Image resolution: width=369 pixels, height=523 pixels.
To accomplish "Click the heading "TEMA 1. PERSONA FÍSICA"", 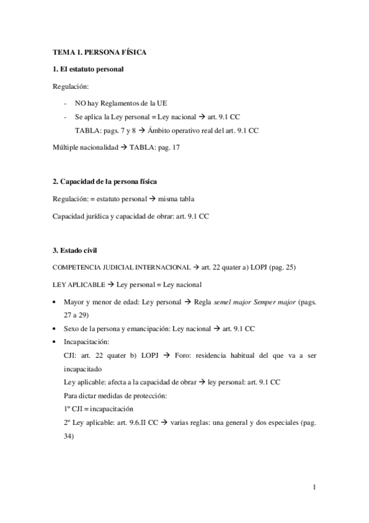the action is click(99, 53).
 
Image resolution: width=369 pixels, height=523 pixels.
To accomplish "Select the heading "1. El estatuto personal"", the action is click(88, 69).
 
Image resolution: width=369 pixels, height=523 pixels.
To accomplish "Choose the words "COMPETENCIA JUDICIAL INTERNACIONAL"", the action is click(121, 268).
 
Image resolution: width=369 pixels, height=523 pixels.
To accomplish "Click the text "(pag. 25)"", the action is click(264, 268).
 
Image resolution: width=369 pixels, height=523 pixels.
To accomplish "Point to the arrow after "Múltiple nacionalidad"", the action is click(123, 148).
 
